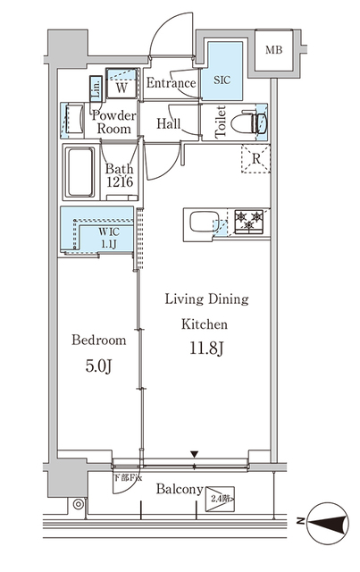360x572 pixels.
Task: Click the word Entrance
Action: [171, 84]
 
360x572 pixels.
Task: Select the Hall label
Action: [171, 123]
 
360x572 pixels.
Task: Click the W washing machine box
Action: [120, 88]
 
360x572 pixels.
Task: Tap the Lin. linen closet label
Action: [96, 88]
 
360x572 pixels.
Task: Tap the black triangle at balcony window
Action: [194, 456]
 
